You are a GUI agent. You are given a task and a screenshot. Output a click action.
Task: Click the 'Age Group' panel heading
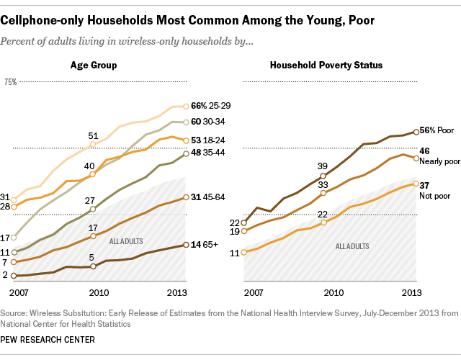94,66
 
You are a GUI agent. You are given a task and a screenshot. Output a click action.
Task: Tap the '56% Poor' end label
438,132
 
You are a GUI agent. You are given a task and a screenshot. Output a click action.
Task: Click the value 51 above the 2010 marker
94,135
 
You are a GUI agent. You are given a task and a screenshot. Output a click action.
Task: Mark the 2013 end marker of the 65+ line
186,245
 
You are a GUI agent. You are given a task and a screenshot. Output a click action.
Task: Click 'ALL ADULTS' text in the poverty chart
350,246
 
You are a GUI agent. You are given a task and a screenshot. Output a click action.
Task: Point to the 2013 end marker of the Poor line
418,132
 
